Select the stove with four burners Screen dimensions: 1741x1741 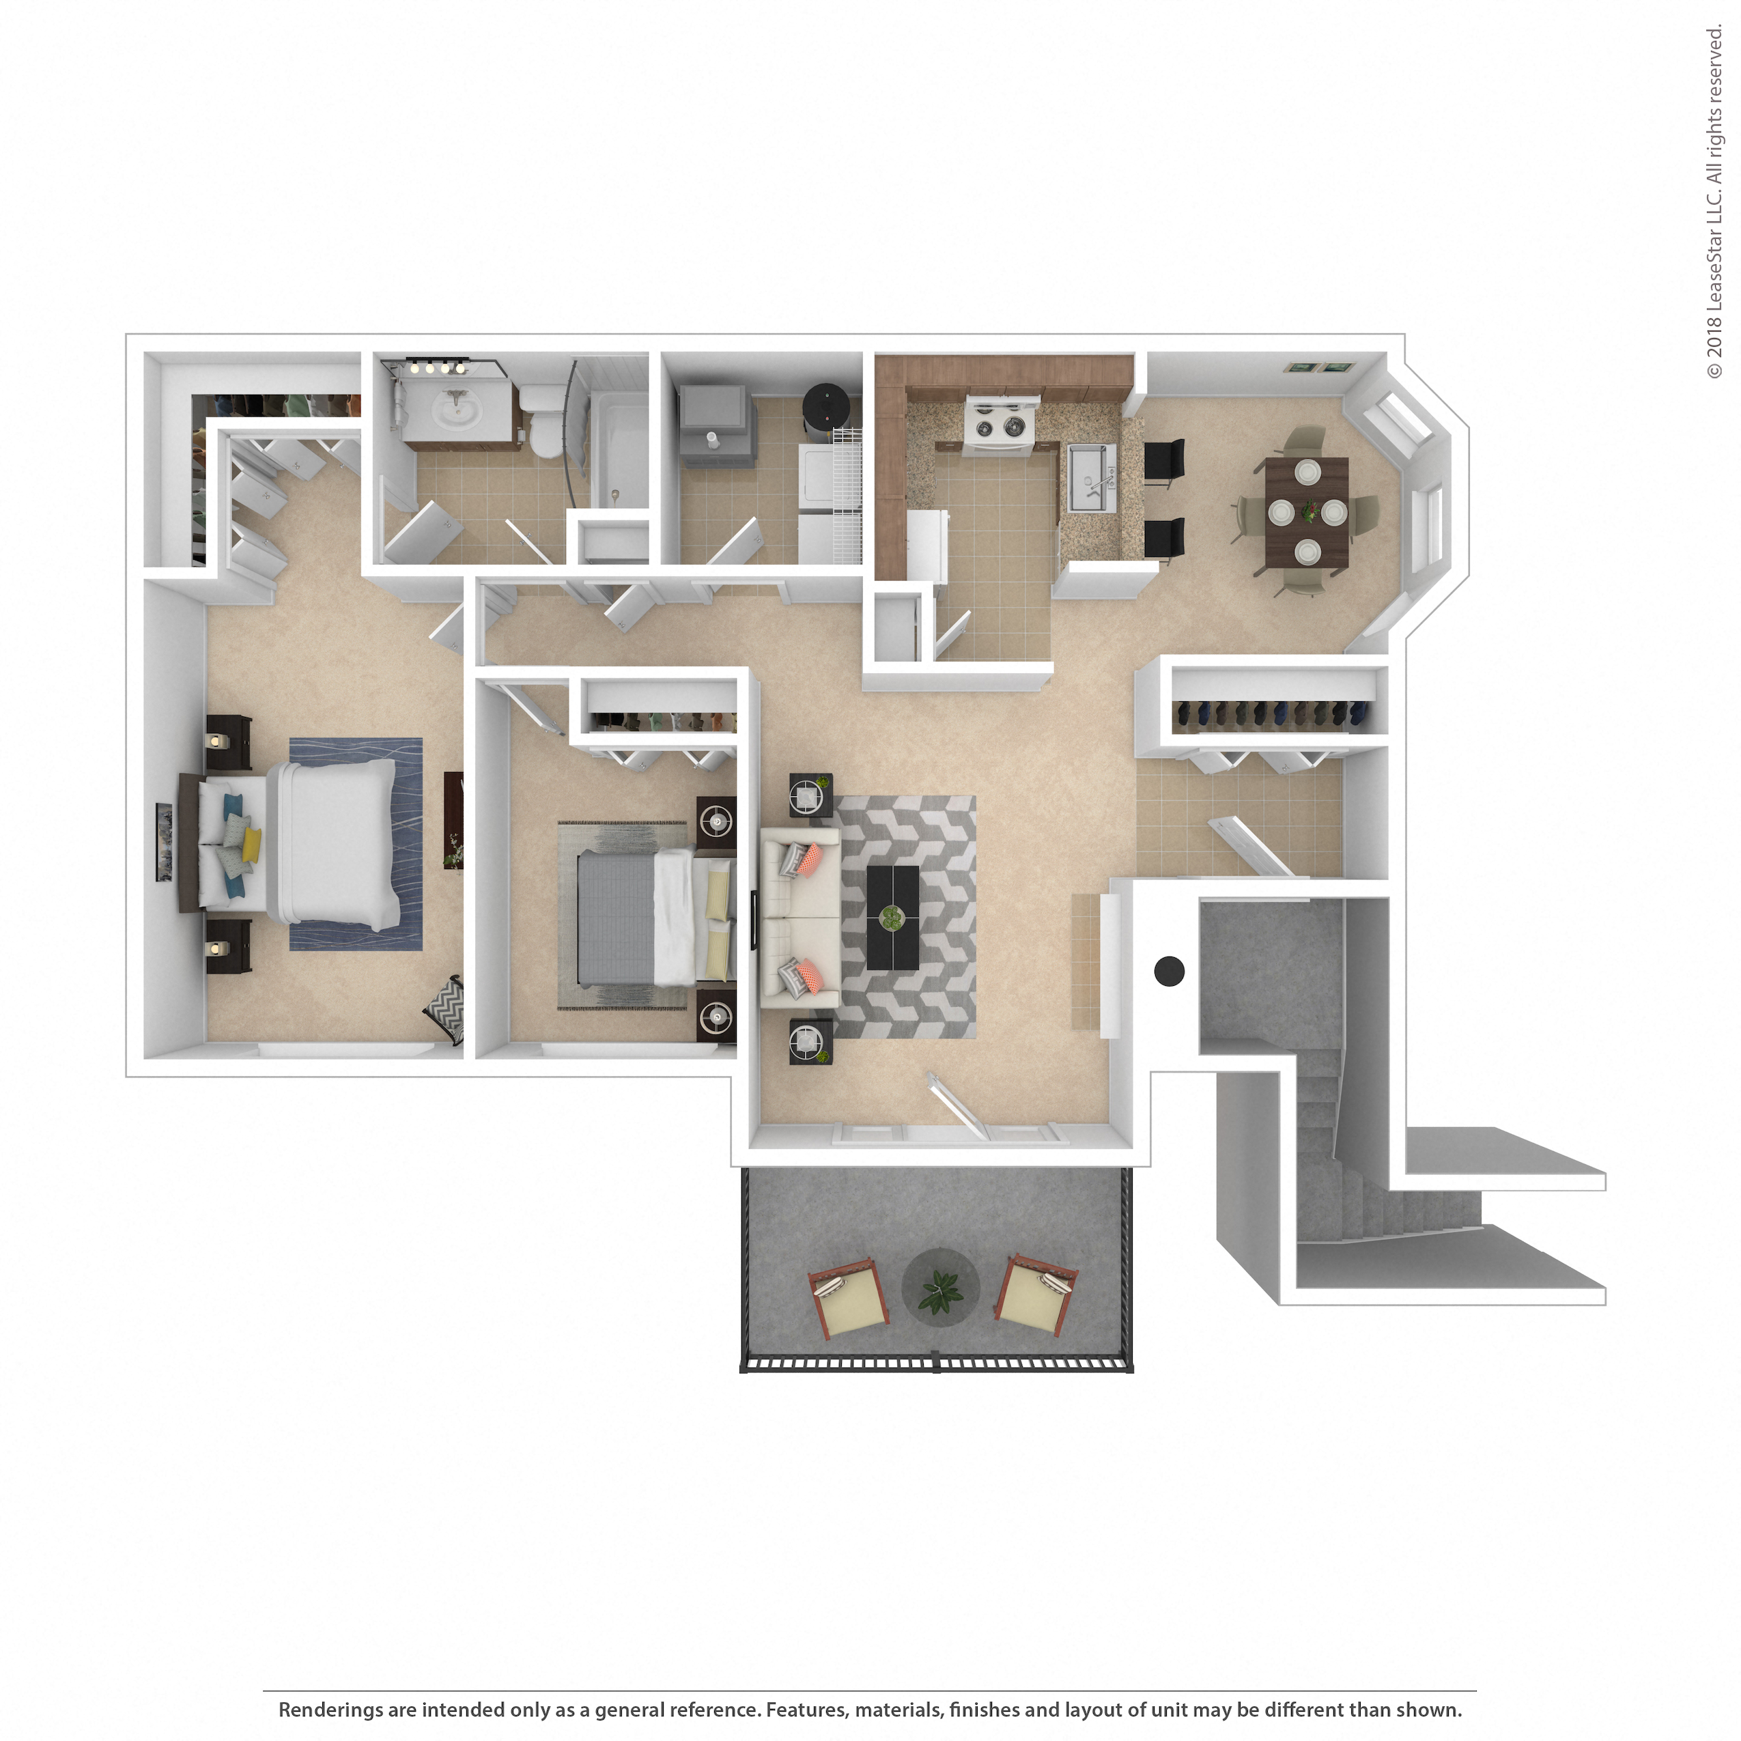pyautogui.click(x=1000, y=423)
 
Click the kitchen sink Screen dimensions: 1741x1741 pyautogui.click(x=1092, y=479)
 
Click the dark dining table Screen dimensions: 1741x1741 pyautogui.click(x=1307, y=512)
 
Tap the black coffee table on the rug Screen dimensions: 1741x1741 pyautogui.click(x=892, y=918)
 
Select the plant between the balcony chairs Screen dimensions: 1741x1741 pyautogui.click(x=941, y=1291)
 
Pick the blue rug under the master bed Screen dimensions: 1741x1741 pyautogui.click(x=356, y=845)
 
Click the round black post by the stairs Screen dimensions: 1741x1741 pyautogui.click(x=1169, y=972)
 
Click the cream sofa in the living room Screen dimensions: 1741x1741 pyautogui.click(x=800, y=918)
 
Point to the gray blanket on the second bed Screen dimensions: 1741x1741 pyautogui.click(x=614, y=918)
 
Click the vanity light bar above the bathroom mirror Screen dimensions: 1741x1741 pyautogui.click(x=437, y=367)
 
